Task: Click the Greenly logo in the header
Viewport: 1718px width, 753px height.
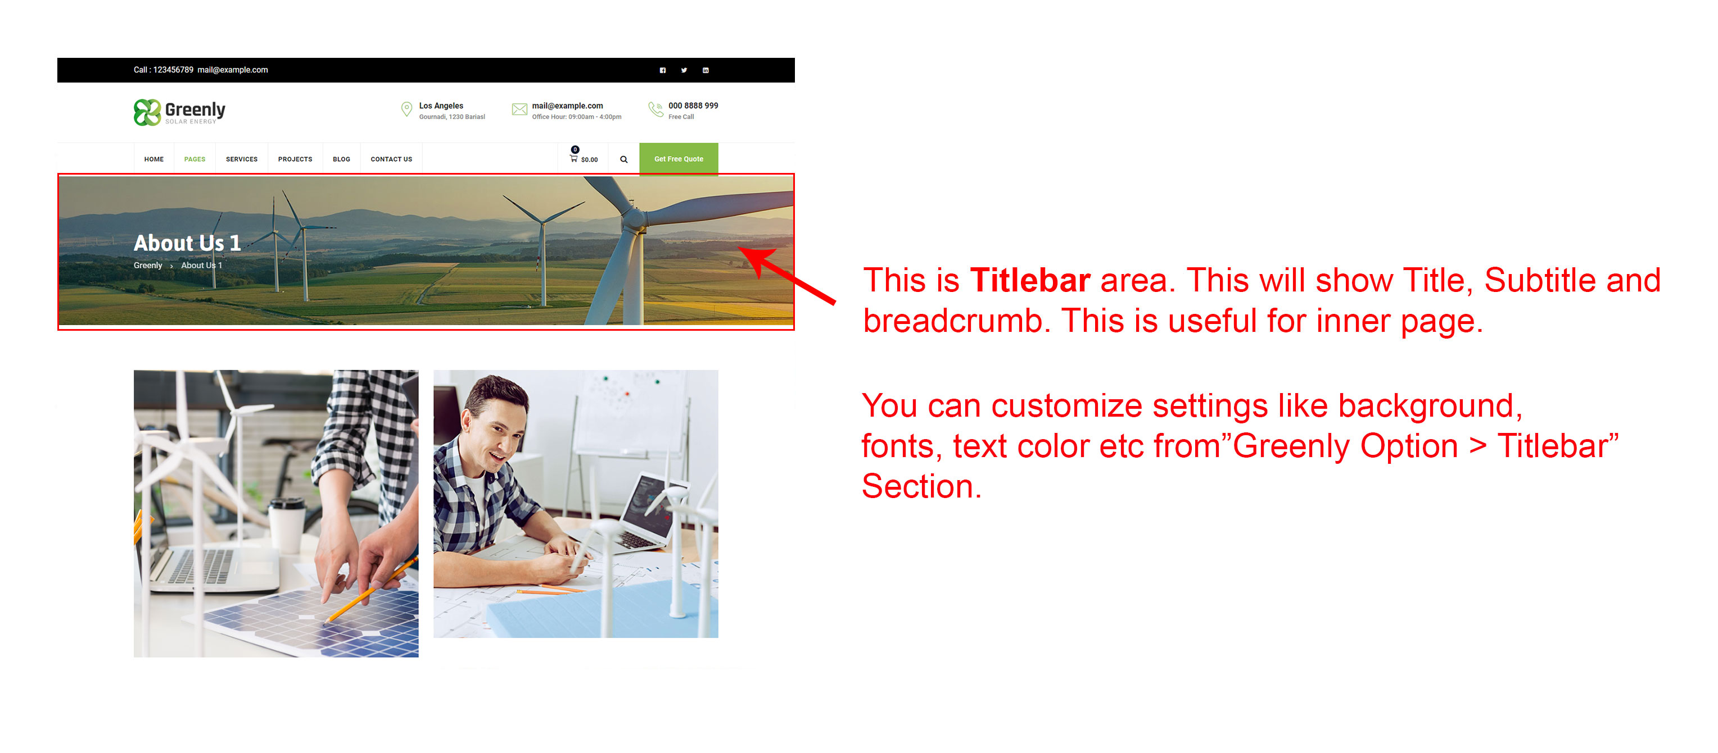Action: pyautogui.click(x=179, y=112)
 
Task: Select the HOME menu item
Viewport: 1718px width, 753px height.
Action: pyautogui.click(x=154, y=159)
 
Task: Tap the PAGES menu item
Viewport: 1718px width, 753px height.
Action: pyautogui.click(x=195, y=159)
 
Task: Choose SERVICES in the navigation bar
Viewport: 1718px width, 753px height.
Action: pyautogui.click(x=241, y=159)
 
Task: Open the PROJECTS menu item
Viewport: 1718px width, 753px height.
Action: pyautogui.click(x=295, y=159)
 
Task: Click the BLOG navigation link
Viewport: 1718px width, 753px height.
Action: pyautogui.click(x=341, y=159)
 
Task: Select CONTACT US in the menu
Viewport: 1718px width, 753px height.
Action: pyautogui.click(x=391, y=159)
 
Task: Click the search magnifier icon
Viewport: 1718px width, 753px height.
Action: pyautogui.click(x=623, y=159)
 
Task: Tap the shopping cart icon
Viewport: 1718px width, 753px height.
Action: pyautogui.click(x=573, y=158)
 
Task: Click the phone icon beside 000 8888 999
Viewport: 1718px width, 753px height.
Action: pyautogui.click(x=655, y=109)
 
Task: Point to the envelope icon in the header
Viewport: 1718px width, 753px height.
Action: pyautogui.click(x=519, y=109)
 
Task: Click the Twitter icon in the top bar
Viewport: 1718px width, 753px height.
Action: pyautogui.click(x=684, y=70)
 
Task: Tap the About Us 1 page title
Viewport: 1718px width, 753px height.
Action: pyautogui.click(x=187, y=243)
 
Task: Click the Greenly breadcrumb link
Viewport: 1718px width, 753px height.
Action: pyautogui.click(x=147, y=265)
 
